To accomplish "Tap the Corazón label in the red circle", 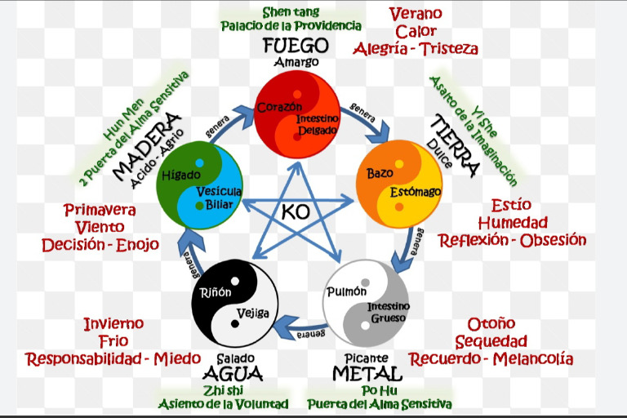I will point(279,107).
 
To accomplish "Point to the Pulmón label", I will point(346,291).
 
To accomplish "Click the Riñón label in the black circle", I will point(216,292).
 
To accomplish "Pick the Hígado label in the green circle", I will point(180,176).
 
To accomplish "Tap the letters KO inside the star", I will point(295,212).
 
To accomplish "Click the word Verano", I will point(416,14).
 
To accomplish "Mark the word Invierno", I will point(113,324).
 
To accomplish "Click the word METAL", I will point(367,374).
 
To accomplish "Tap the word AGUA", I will point(233,374).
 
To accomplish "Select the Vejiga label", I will point(252,313).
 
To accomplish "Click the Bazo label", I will point(380,173).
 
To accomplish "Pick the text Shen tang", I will point(290,11).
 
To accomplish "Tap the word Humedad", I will point(513,223).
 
